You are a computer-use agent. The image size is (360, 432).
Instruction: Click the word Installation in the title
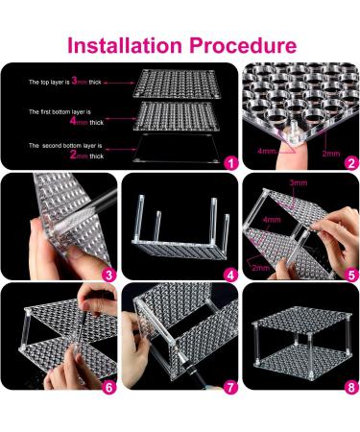tap(125, 45)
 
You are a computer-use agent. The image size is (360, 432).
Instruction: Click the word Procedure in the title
tap(243, 45)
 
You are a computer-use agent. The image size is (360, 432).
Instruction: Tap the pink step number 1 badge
tap(231, 163)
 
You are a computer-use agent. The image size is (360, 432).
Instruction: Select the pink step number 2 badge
tap(351, 163)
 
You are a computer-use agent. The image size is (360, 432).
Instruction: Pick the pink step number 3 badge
tap(108, 275)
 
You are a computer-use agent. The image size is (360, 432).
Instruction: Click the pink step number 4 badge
tap(231, 275)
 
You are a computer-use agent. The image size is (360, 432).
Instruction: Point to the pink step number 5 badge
tap(351, 275)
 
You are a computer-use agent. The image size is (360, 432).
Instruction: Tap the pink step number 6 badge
tap(108, 388)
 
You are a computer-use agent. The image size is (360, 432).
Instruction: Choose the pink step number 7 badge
tap(231, 388)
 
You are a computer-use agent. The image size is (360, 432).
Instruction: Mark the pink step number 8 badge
tap(351, 388)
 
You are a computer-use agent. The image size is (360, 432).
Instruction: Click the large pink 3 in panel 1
tap(74, 81)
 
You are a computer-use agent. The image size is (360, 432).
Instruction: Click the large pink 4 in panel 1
tap(73, 121)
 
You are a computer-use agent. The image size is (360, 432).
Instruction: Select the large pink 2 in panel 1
tap(73, 156)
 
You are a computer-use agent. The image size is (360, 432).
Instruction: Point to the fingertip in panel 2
tap(284, 152)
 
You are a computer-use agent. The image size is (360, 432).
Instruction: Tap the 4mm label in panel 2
tap(267, 151)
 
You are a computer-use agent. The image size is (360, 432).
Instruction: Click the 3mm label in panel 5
tap(299, 182)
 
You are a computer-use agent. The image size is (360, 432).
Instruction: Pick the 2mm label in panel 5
tap(261, 268)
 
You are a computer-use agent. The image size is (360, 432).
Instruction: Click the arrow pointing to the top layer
tap(119, 83)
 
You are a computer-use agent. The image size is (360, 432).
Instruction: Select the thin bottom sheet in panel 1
tap(177, 149)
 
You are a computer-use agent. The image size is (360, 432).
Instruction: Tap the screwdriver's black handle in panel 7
tap(197, 376)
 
